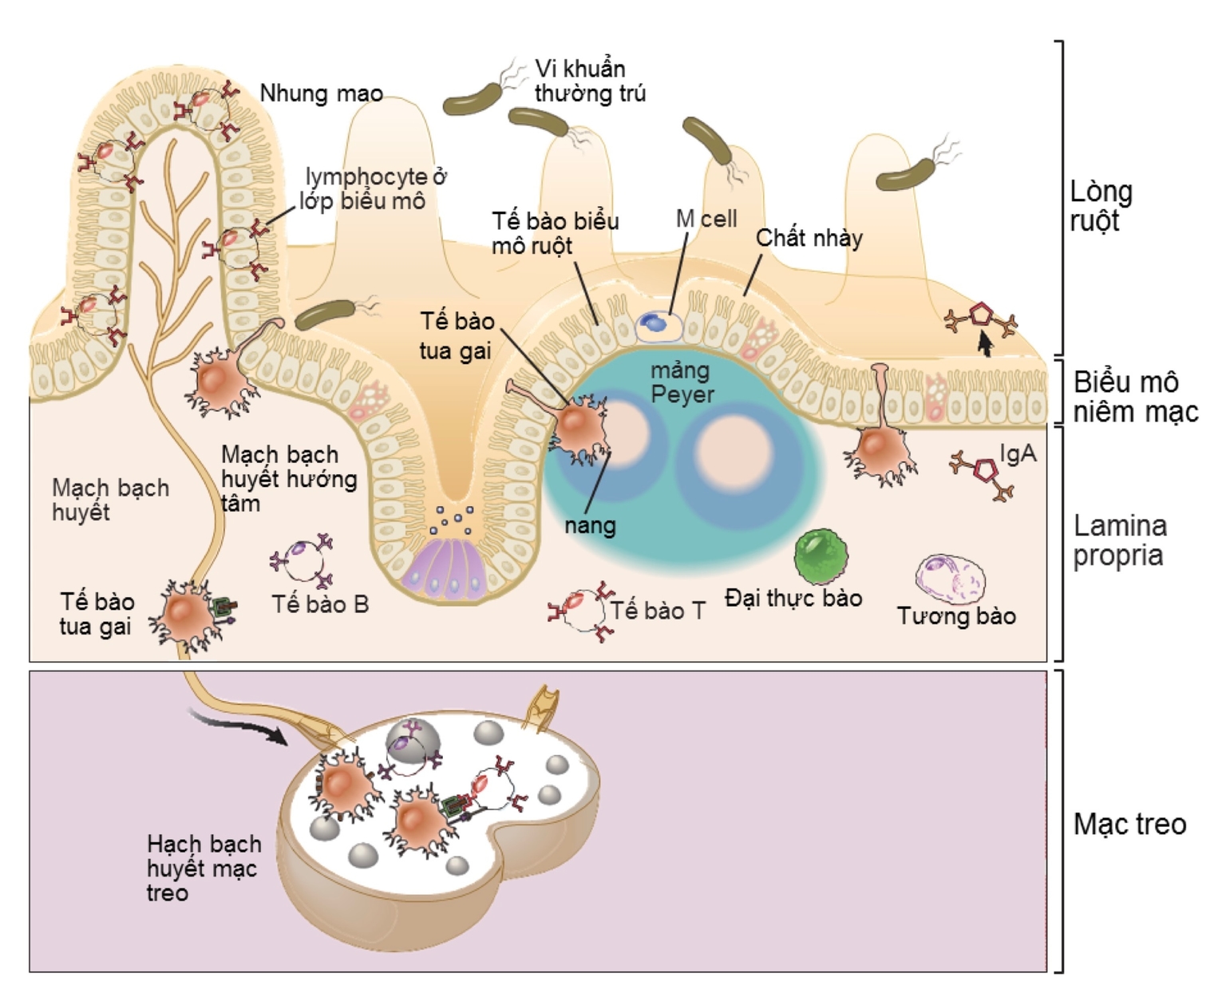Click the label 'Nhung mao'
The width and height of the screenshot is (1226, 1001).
click(321, 93)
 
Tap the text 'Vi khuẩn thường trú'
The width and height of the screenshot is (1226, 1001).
click(589, 81)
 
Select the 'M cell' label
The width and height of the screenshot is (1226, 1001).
click(706, 219)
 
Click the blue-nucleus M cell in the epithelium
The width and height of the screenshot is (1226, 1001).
click(657, 323)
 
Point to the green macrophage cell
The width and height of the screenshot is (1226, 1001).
click(821, 556)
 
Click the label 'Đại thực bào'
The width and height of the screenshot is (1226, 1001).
click(793, 598)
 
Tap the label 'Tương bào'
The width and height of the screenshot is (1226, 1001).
click(956, 616)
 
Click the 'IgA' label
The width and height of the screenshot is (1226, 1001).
click(1018, 453)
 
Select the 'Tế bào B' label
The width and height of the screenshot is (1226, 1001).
click(320, 604)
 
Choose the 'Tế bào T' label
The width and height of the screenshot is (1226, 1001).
click(658, 611)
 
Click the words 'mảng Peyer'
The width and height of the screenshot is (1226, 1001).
click(681, 382)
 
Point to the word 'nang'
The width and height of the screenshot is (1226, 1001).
click(590, 525)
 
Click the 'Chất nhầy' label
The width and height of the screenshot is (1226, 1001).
click(809, 238)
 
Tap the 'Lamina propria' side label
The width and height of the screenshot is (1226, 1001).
click(1119, 540)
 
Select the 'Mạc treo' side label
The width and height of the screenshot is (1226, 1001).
click(1129, 824)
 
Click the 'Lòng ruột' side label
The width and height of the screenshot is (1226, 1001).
click(1101, 206)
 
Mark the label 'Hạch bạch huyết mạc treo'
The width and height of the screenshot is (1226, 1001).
click(204, 868)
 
